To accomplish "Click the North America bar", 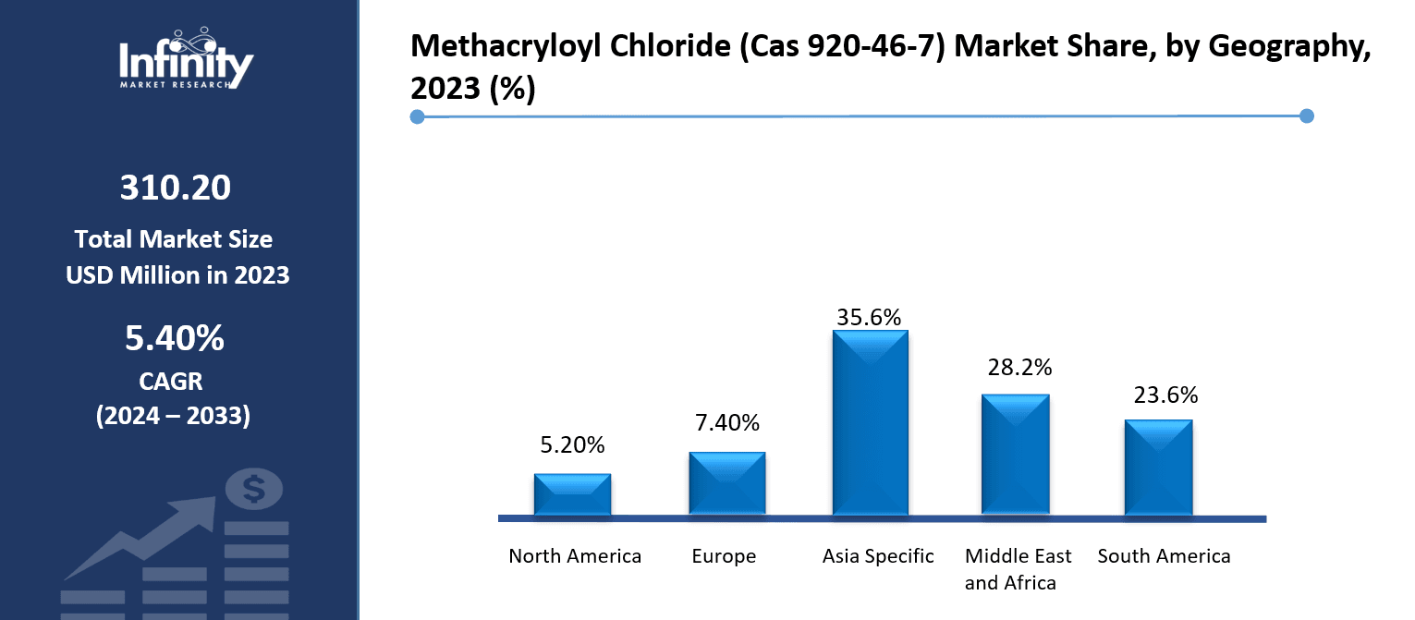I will point(572,494).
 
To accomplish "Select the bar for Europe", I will point(726,483).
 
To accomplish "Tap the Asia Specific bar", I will point(870,422).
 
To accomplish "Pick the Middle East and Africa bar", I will point(1015,454).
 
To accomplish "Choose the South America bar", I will point(1158,467).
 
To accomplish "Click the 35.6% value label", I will point(869,317).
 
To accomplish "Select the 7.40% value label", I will point(726,423).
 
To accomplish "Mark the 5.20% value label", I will point(572,445).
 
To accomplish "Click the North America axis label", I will point(575,556).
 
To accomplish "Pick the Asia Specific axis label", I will point(878,556).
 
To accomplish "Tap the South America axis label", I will point(1164,556).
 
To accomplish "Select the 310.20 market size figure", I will point(176,188).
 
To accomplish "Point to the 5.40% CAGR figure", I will point(175,339).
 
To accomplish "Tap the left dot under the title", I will point(417,116).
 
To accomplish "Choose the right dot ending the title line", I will point(1306,115).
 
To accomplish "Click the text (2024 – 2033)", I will point(174,416).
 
